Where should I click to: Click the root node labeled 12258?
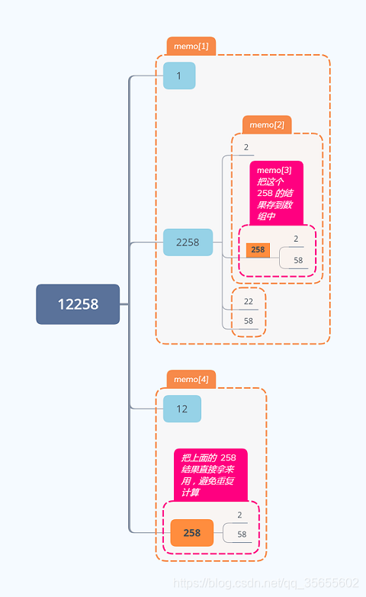tap(78, 304)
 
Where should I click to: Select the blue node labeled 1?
tap(179, 76)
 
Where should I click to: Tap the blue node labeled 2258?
tap(188, 242)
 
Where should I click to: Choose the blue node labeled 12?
tap(182, 409)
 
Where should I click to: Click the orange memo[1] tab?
tap(191, 47)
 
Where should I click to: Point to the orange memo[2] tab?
tap(267, 124)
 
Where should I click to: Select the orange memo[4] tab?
tap(191, 379)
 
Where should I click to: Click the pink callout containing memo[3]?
tap(276, 193)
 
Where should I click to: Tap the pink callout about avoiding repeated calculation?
tap(210, 474)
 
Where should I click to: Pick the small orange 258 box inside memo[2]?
tap(258, 249)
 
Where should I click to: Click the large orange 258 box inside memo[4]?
tap(191, 533)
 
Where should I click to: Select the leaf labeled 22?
tap(249, 301)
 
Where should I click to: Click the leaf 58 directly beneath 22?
tap(249, 321)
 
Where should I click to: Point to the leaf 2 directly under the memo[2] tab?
tap(246, 147)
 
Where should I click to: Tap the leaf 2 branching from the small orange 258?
tap(297, 239)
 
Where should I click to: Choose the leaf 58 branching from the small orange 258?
tap(298, 260)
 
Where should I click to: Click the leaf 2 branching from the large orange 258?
tap(239, 515)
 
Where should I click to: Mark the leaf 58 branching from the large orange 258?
tap(242, 534)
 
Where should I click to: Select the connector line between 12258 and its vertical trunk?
tap(124, 304)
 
